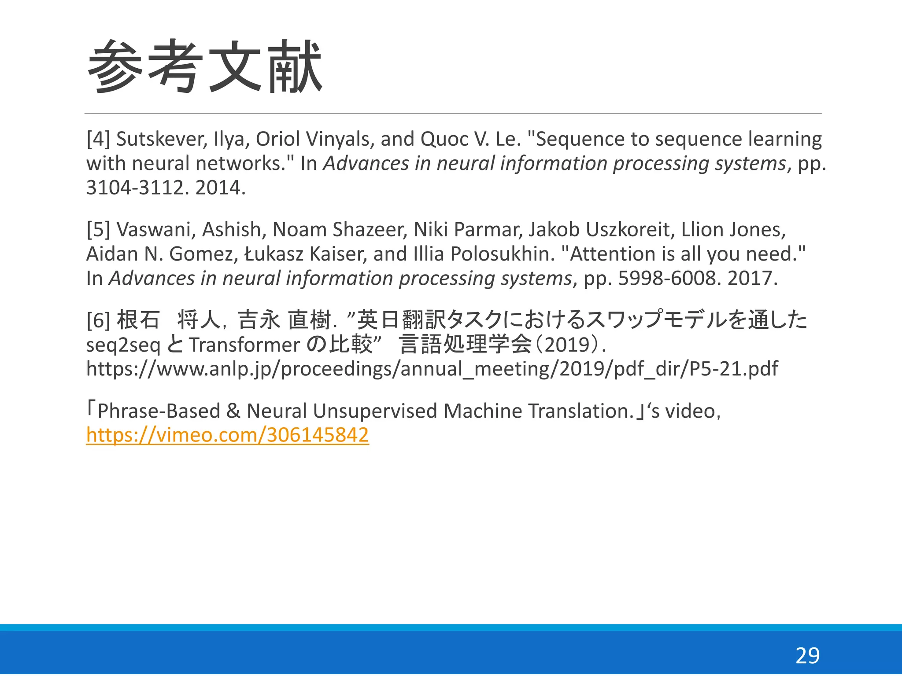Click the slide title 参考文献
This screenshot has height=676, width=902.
point(205,66)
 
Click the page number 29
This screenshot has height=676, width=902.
point(807,656)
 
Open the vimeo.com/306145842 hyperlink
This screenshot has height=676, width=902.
point(227,435)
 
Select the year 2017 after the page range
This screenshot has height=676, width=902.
point(752,279)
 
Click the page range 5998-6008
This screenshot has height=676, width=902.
point(667,279)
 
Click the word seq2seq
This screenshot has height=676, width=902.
point(123,345)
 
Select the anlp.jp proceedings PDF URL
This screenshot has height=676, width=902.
point(432,369)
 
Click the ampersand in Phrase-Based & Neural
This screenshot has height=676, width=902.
point(233,411)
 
